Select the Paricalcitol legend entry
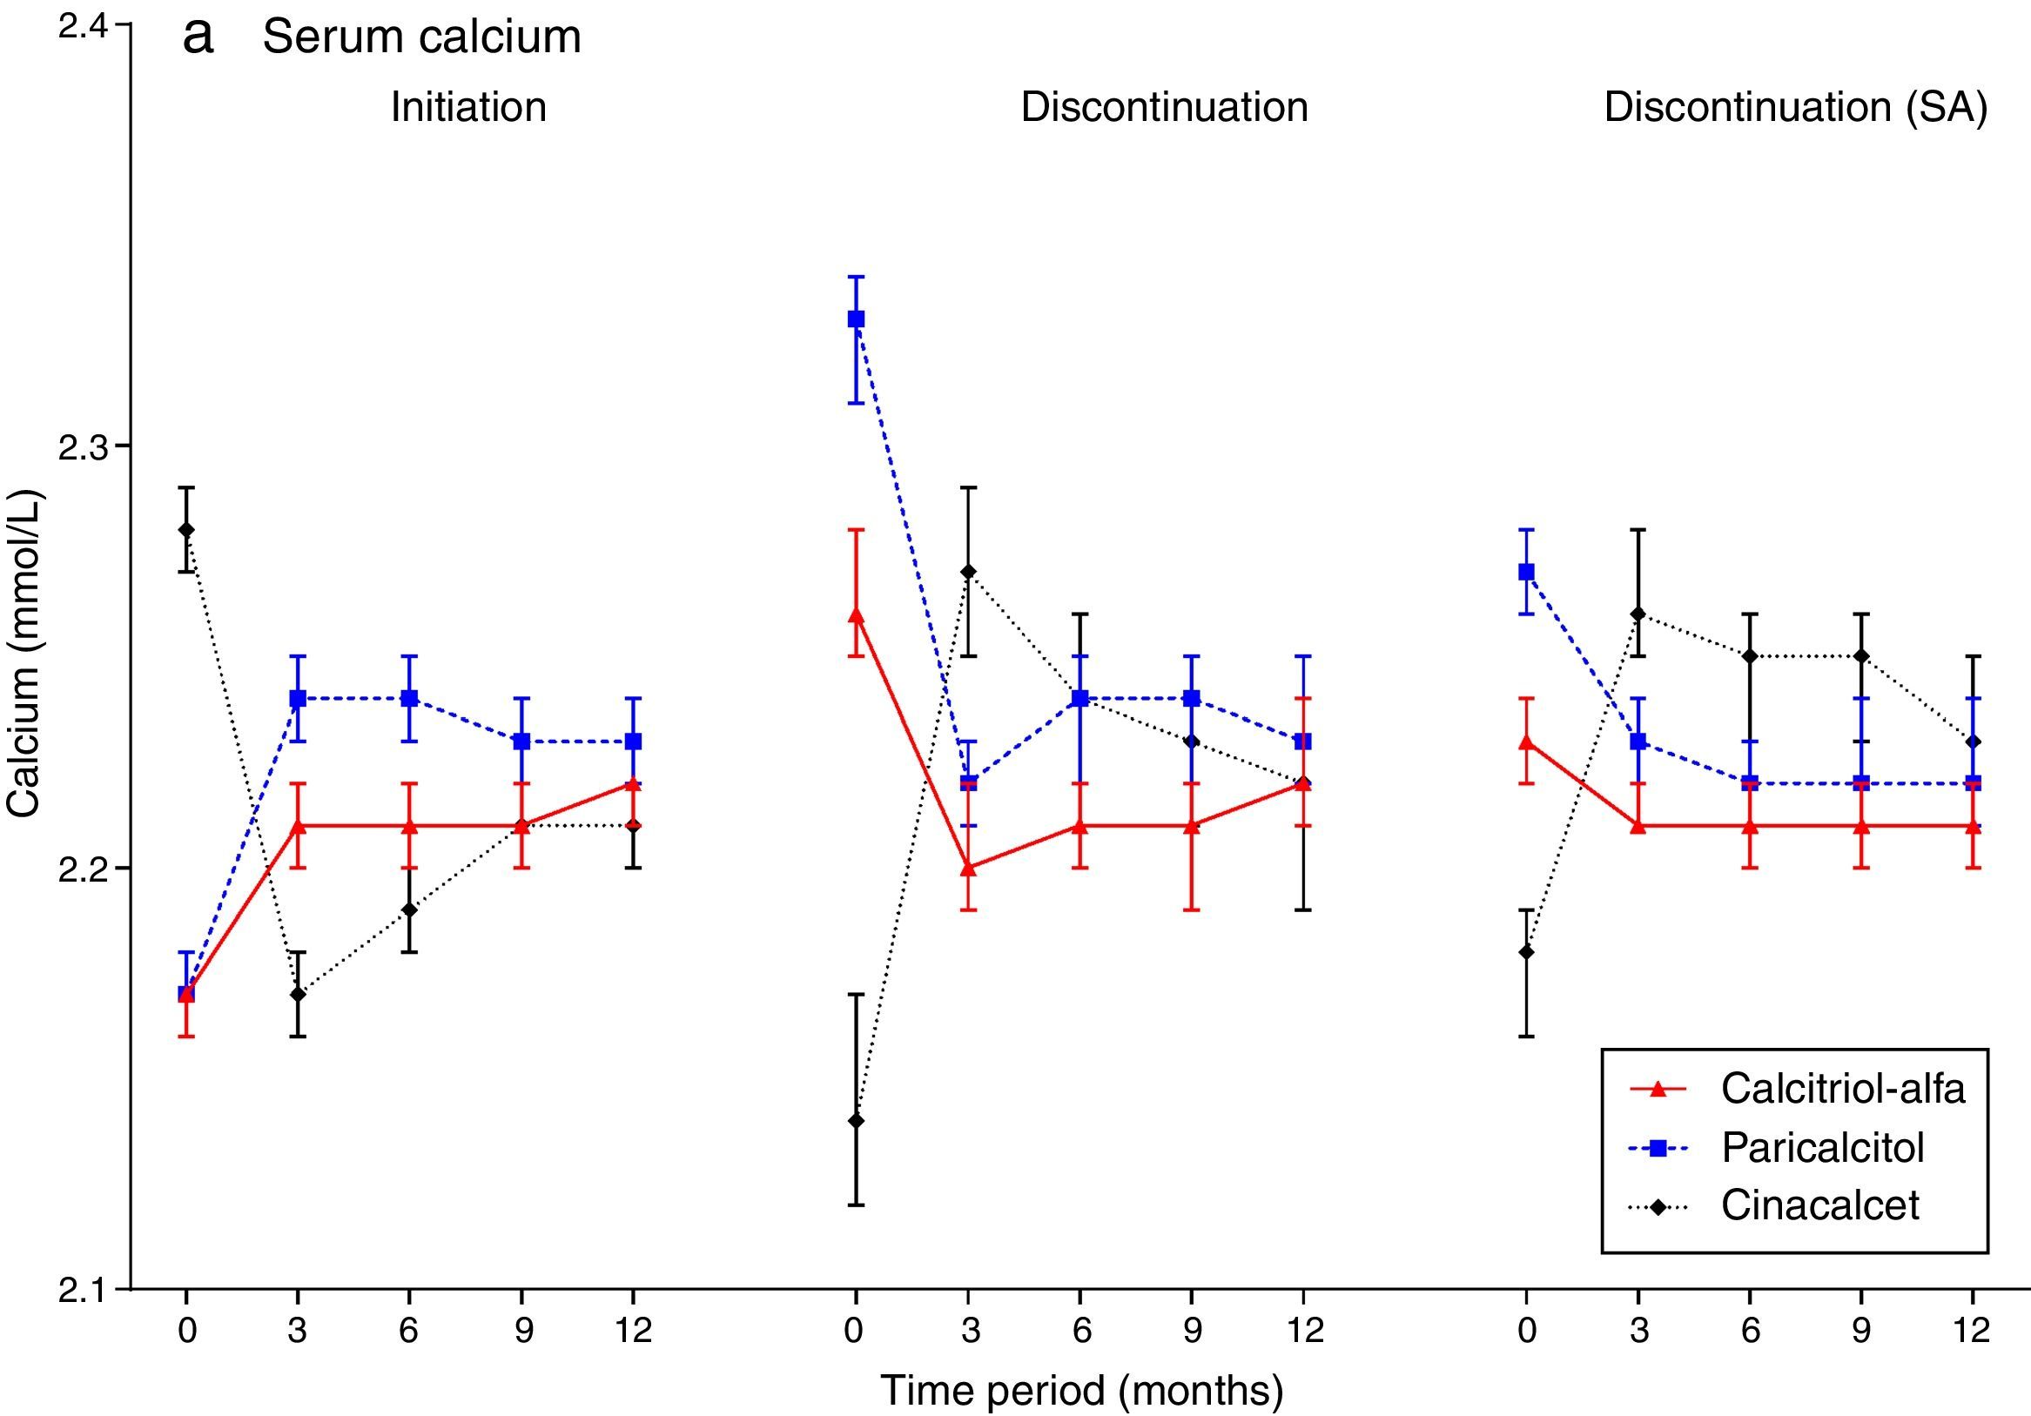pos(1822,1148)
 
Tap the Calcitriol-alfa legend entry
pos(1843,1089)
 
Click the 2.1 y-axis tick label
pos(81,1291)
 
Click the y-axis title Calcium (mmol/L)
pos(24,654)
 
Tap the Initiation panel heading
pos(468,107)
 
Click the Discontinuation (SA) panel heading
pos(1796,107)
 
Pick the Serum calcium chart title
pos(422,37)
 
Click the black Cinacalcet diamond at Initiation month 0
pos(185,530)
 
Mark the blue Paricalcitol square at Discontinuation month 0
pos(856,319)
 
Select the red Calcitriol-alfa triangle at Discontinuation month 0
pos(856,614)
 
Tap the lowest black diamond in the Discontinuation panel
pos(856,1121)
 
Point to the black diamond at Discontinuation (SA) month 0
pos(1526,951)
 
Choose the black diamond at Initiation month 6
pos(408,909)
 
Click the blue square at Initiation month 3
pos(298,699)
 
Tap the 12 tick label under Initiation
pos(633,1330)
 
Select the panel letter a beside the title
pos(198,37)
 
